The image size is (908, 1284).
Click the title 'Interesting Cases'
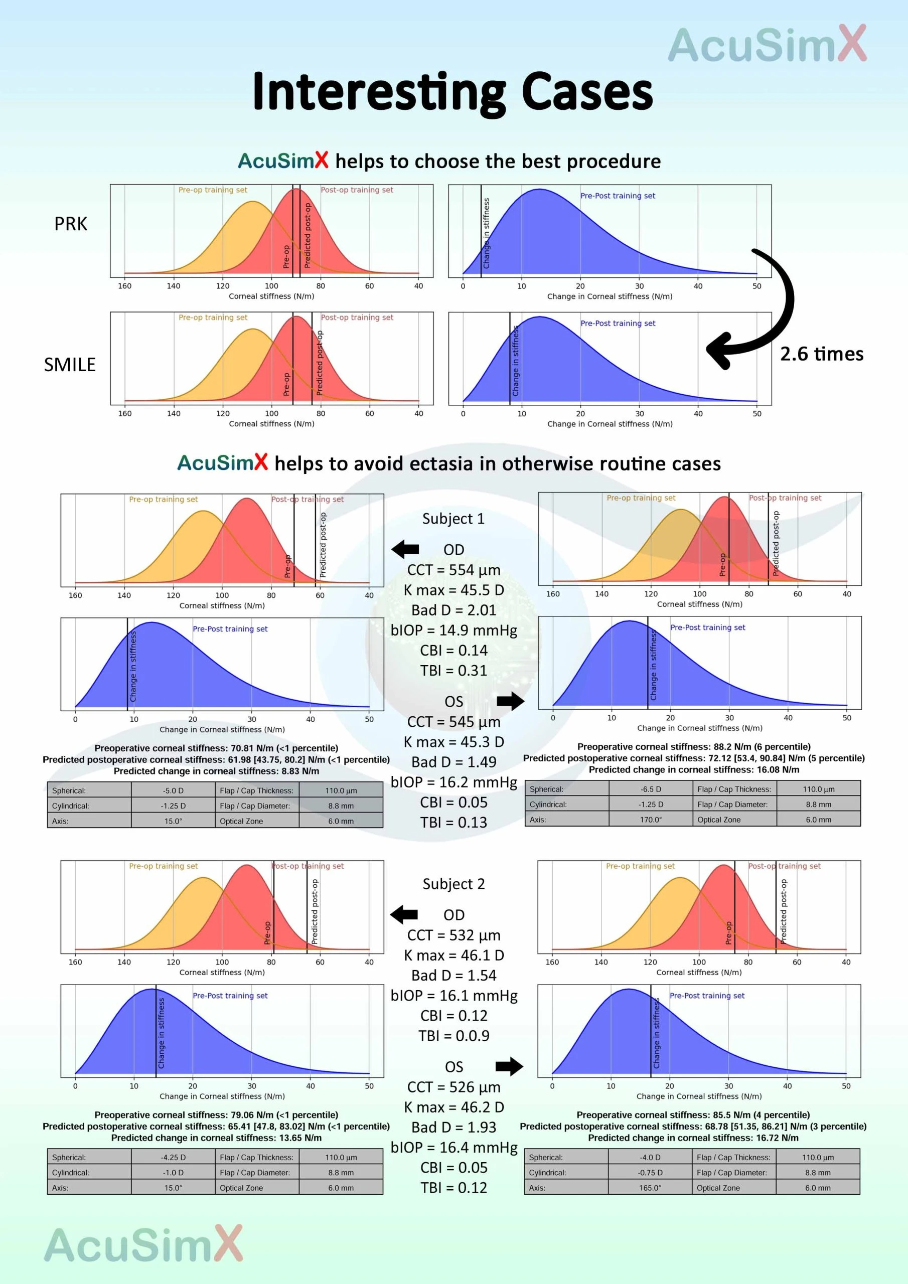point(452,91)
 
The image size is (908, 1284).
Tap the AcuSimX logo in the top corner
point(767,45)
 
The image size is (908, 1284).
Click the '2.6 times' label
point(821,354)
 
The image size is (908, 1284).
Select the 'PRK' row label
point(71,224)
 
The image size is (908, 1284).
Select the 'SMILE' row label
point(70,365)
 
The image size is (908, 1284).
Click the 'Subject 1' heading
point(453,519)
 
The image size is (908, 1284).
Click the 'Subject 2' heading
point(453,884)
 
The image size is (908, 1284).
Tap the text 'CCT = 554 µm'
point(453,570)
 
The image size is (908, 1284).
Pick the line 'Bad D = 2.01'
point(453,610)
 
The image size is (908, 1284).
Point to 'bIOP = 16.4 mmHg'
point(453,1148)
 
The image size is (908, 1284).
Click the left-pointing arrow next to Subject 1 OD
point(405,549)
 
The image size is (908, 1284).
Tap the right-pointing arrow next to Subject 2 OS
point(509,1066)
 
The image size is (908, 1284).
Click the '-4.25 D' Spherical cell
point(173,1157)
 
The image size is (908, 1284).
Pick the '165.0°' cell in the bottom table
point(650,1188)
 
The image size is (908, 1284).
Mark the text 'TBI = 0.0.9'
point(453,1036)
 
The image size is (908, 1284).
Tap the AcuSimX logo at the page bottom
point(143,1245)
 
